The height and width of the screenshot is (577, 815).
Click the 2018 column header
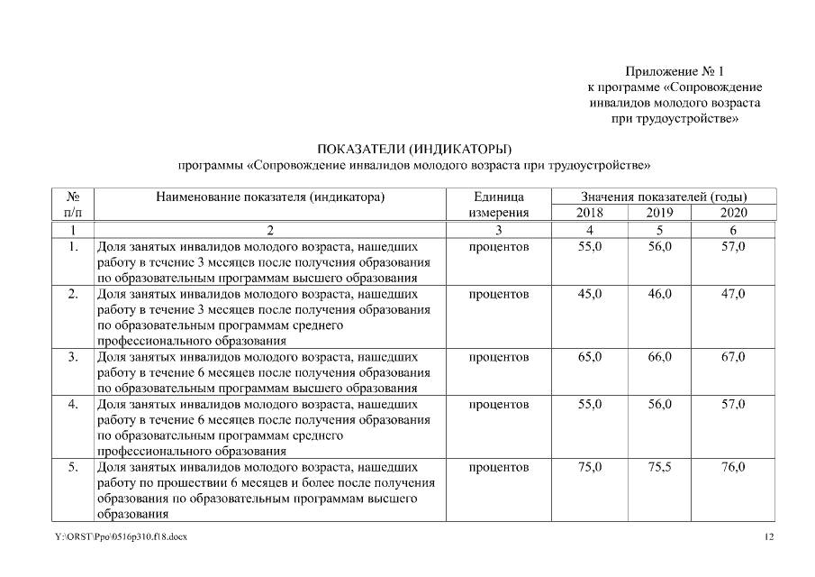click(590, 213)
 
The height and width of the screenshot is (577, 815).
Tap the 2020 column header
click(733, 213)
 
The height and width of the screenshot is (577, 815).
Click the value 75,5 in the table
click(659, 467)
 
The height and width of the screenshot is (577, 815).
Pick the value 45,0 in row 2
click(590, 294)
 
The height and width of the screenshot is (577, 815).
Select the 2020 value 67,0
click(733, 357)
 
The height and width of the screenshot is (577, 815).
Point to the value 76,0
click(733, 467)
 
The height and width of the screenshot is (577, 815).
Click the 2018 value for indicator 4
click(590, 404)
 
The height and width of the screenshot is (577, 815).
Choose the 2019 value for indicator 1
click(659, 246)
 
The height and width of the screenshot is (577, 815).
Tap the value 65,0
click(590, 357)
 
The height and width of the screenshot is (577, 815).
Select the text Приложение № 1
click(675, 70)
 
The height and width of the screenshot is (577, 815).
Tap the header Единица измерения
click(498, 205)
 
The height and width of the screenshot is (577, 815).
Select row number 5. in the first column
click(74, 467)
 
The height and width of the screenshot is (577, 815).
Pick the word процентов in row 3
click(498, 357)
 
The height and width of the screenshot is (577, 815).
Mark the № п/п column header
click(74, 205)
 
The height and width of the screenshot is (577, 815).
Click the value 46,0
click(659, 294)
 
